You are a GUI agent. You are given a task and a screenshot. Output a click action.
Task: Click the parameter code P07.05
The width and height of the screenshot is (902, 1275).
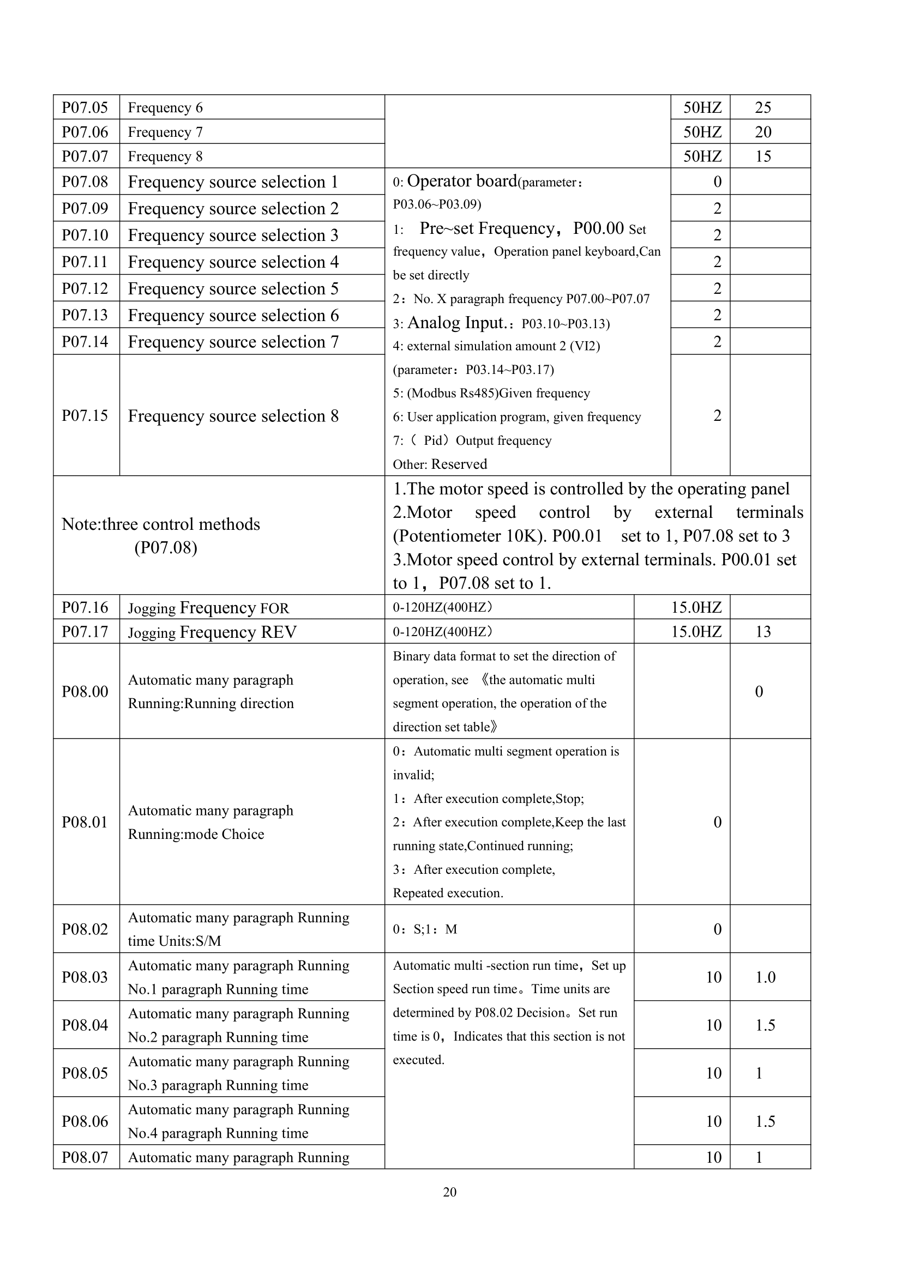(x=85, y=107)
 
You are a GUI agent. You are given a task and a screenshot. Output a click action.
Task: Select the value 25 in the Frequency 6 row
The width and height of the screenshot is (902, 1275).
(x=762, y=107)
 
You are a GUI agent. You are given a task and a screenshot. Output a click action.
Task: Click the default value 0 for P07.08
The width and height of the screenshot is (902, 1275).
(x=717, y=182)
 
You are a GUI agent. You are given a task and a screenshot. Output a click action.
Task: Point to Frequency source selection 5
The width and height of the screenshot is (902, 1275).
(x=233, y=289)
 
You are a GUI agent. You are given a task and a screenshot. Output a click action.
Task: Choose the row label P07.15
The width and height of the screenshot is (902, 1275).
(x=85, y=415)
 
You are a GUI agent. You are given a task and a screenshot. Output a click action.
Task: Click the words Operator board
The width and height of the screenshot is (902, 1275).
(x=461, y=181)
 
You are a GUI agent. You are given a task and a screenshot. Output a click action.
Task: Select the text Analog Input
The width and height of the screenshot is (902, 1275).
(x=456, y=323)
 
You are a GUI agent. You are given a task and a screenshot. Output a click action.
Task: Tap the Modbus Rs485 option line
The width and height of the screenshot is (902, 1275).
(x=491, y=393)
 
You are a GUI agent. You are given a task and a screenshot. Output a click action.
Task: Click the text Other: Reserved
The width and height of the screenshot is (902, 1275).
(x=440, y=464)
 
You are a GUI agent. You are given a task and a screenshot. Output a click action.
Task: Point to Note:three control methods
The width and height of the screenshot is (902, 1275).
(x=160, y=524)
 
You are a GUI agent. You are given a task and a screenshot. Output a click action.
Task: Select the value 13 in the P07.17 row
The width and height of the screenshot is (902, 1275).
(x=762, y=631)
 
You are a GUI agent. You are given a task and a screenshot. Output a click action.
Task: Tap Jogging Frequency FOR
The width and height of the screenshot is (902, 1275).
(x=208, y=607)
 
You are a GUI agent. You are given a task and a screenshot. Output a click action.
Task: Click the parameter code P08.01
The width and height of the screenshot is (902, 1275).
(x=85, y=822)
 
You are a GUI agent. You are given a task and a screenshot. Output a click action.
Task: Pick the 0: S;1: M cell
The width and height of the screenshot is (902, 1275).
(x=425, y=929)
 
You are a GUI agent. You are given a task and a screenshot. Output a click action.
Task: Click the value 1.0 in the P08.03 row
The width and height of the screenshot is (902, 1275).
(x=765, y=977)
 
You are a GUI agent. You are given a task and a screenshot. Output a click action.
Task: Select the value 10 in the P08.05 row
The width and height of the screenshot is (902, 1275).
(x=713, y=1073)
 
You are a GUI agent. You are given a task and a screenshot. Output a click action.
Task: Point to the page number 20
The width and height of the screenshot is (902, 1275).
(x=450, y=1192)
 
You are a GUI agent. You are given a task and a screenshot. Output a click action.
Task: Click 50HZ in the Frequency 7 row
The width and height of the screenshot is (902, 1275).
(x=702, y=132)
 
